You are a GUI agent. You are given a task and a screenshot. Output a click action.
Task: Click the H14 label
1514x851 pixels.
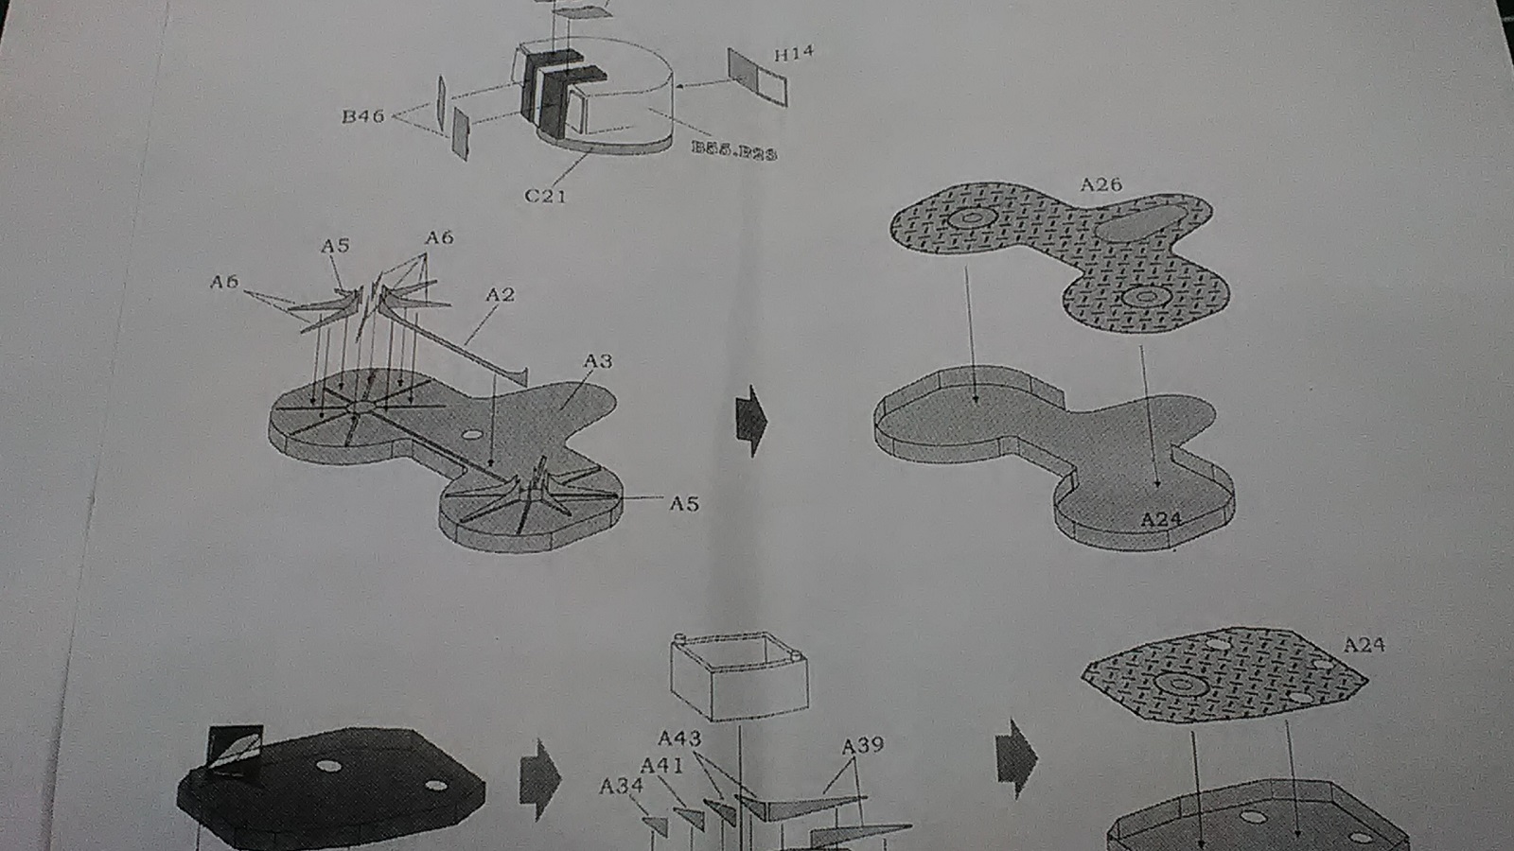(793, 54)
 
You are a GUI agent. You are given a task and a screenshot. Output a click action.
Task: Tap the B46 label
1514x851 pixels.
(363, 116)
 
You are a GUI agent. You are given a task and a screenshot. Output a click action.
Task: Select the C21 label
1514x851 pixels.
(545, 196)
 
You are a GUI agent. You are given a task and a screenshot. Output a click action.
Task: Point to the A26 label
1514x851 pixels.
(1100, 184)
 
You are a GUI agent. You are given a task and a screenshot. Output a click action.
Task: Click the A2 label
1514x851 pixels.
(500, 295)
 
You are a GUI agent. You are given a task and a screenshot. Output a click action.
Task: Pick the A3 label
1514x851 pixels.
(598, 360)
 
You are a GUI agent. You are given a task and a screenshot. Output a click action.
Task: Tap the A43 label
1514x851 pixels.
(679, 738)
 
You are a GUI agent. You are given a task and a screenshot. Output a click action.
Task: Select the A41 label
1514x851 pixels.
(661, 764)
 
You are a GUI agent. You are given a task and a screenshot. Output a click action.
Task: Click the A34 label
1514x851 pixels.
(621, 785)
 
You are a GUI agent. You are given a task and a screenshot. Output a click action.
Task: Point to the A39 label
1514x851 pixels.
(862, 745)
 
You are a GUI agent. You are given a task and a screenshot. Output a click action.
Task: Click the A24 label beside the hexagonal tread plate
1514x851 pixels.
(1364, 645)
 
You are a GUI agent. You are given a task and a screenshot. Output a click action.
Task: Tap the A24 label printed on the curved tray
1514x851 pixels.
(1160, 519)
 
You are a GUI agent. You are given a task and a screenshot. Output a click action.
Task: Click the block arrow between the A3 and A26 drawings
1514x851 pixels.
(751, 420)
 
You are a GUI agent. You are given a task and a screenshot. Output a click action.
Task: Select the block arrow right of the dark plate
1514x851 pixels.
(540, 779)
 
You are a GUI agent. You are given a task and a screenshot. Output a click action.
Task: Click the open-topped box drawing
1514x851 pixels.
(738, 676)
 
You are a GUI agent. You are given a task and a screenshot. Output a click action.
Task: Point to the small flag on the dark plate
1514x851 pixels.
(233, 751)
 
